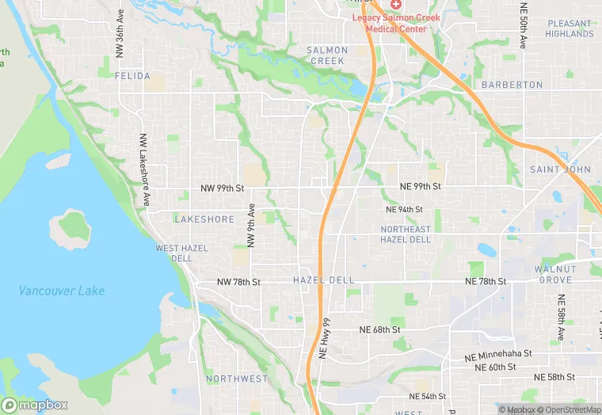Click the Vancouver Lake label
point(62,291)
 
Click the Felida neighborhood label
point(131,76)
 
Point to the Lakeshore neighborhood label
point(204,219)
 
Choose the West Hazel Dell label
point(181,253)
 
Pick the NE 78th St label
point(486,282)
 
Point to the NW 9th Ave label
point(251,227)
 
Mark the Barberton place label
point(512,85)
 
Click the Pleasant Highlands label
point(570,29)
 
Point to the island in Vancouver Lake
point(74,225)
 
